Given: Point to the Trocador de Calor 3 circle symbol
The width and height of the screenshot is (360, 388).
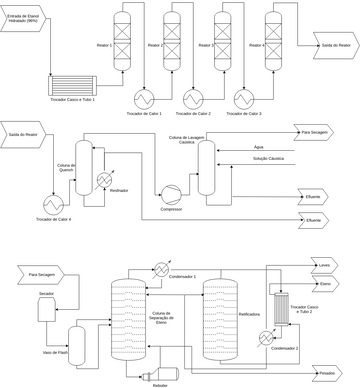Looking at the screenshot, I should point(243,97).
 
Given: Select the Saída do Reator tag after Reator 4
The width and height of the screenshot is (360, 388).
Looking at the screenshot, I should point(334,45).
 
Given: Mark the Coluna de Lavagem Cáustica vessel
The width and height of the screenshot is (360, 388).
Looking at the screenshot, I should point(206,165).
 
